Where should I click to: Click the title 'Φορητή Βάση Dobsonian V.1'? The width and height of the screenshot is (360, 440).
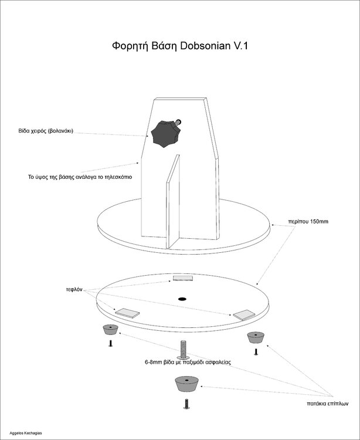pos(180,46)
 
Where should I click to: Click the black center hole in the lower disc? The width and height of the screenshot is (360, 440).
pos(182,299)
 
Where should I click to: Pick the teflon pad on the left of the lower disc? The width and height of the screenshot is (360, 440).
pos(127,313)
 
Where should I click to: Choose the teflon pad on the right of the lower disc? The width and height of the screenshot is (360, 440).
pos(244,315)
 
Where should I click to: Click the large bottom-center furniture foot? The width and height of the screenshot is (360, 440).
pos(185,385)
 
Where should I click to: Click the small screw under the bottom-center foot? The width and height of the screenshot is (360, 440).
pos(186,404)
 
